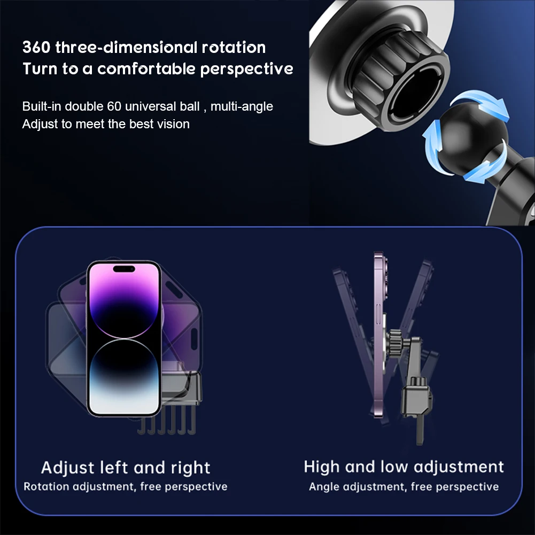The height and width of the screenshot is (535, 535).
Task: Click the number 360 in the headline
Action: click(x=36, y=47)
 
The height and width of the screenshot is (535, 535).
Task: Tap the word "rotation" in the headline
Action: click(x=234, y=47)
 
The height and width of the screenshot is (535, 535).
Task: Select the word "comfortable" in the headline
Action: click(x=146, y=69)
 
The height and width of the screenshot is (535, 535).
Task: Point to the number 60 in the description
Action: click(x=114, y=106)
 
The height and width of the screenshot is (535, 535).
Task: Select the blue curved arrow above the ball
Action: click(x=481, y=103)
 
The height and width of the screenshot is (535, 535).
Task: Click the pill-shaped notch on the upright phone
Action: click(x=124, y=269)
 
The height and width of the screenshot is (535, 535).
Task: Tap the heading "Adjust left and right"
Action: click(x=126, y=468)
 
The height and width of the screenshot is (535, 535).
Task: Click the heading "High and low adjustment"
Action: click(x=404, y=467)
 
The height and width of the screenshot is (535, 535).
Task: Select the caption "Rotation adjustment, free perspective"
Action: click(x=126, y=486)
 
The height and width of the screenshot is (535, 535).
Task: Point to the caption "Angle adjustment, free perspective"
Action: click(x=404, y=486)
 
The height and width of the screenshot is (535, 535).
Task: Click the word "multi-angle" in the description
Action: click(x=242, y=106)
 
